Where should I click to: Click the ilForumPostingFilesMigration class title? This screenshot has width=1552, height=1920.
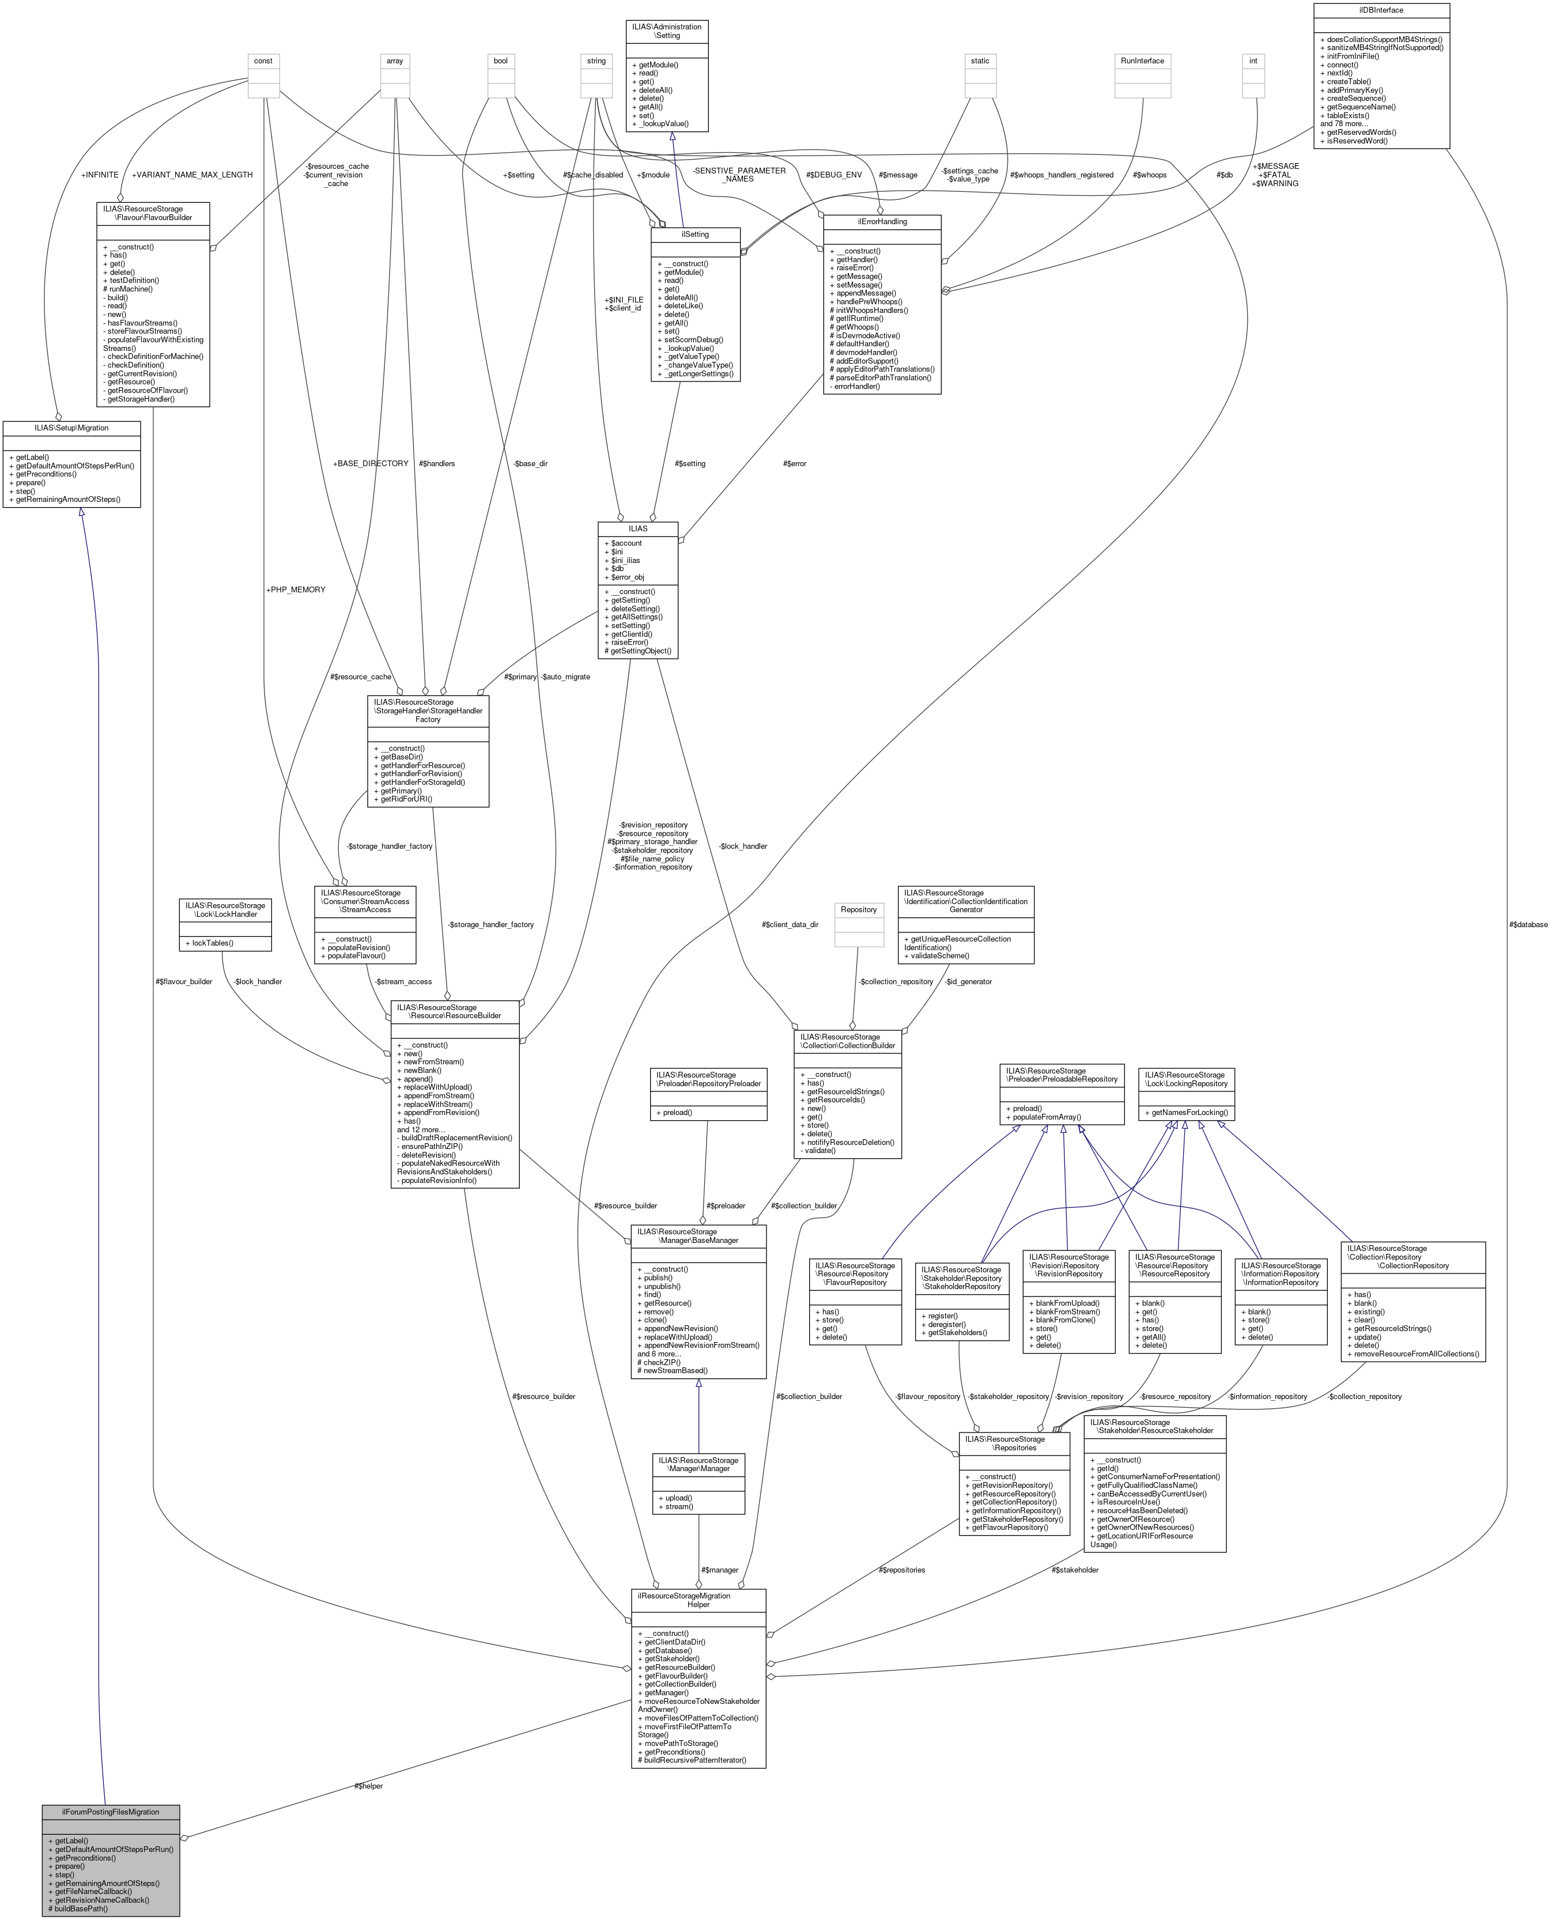click(x=110, y=1812)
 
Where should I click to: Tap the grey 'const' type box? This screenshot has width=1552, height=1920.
click(x=263, y=61)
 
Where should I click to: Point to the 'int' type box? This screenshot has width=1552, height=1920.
click(x=1253, y=61)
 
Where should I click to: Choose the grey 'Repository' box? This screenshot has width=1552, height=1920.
click(x=858, y=909)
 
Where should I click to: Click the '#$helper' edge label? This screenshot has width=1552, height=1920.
click(x=368, y=1786)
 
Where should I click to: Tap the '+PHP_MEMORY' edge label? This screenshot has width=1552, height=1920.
click(x=296, y=590)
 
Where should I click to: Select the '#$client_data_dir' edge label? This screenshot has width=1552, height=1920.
click(x=790, y=924)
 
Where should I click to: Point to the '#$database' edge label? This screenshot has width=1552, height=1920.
click(x=1528, y=924)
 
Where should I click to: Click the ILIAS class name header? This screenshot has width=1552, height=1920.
click(x=637, y=528)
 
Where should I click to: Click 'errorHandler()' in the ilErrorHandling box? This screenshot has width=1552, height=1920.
click(x=858, y=386)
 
